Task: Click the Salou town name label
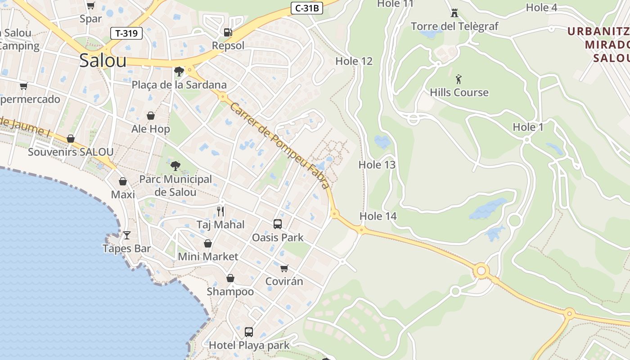103,61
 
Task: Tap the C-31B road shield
307,8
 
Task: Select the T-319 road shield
126,33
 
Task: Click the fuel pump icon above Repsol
228,32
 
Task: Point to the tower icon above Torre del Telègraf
454,13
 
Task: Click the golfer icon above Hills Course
459,80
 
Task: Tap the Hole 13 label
377,165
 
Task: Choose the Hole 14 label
378,216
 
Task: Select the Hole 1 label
528,127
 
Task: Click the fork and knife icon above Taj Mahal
220,211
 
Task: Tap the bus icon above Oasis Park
278,224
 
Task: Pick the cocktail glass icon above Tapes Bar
126,235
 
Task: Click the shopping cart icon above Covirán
284,268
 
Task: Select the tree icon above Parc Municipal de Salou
175,166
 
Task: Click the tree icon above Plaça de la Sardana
179,71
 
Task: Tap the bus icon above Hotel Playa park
249,332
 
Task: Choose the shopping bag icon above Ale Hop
151,116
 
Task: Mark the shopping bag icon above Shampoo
230,278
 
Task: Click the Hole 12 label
354,61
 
